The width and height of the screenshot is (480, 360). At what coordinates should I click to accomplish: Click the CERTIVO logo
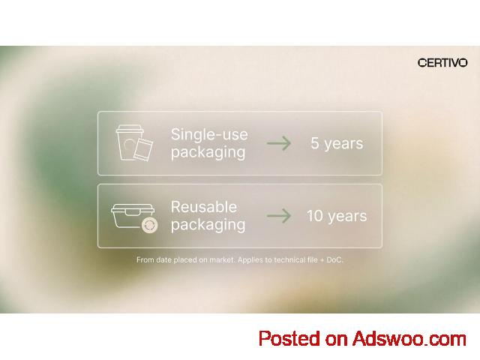[442, 63]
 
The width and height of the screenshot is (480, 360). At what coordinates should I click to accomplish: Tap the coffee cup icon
[128, 142]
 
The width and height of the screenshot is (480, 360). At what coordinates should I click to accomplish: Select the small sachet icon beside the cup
[143, 150]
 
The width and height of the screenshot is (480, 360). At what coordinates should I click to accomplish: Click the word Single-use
[209, 134]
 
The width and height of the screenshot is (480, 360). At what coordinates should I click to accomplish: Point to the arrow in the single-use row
[278, 143]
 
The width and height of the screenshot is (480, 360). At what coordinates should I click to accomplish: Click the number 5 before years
[315, 143]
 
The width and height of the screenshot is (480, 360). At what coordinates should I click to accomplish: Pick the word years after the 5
[343, 144]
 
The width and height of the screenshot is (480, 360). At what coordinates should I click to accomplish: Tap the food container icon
[133, 216]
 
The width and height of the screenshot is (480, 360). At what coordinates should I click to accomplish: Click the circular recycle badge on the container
[150, 225]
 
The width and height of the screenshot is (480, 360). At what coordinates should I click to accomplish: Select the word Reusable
[204, 207]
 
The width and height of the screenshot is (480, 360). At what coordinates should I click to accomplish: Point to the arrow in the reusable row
[278, 216]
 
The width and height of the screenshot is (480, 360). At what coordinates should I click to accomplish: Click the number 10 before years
[315, 216]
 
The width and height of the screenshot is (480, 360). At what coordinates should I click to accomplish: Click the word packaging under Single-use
[208, 152]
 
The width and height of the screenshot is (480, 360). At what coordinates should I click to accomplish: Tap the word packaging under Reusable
[208, 225]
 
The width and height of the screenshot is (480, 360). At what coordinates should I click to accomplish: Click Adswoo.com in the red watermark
[409, 339]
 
